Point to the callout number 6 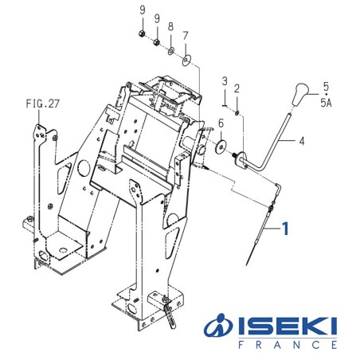pyautogui.click(x=220, y=123)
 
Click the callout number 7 pyautogui.click(x=186, y=36)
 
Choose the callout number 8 pyautogui.click(x=170, y=26)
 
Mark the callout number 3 pyautogui.click(x=225, y=81)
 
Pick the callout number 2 pyautogui.click(x=237, y=87)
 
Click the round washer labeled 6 pyautogui.click(x=219, y=147)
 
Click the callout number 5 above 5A pyautogui.click(x=324, y=85)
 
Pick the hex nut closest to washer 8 pyautogui.click(x=157, y=41)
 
